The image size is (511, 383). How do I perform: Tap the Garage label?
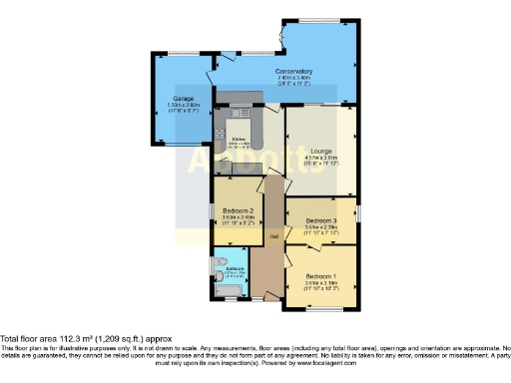point(182,99)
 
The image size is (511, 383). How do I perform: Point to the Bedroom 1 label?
point(320,274)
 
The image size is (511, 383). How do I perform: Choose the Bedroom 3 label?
point(320,218)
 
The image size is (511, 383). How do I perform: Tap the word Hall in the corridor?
point(272,236)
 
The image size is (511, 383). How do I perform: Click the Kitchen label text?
point(239,139)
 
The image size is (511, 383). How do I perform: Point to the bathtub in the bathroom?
point(230,291)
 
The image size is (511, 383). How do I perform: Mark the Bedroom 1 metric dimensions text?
point(320,281)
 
